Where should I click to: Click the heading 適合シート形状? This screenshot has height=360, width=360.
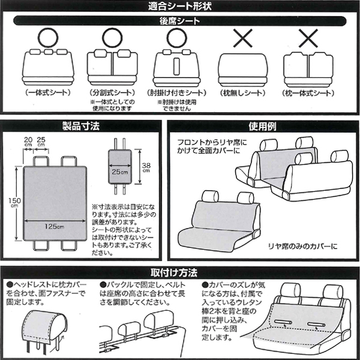coord(180,6)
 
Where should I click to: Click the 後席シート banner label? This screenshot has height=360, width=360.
coord(180,21)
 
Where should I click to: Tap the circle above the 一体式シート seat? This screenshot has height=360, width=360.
coord(48,37)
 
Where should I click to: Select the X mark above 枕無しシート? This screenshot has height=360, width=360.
coord(243,38)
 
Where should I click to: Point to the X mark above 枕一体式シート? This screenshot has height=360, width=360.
coord(308,38)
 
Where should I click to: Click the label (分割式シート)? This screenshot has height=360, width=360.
coord(112,93)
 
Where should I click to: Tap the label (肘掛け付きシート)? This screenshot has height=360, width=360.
coord(176,93)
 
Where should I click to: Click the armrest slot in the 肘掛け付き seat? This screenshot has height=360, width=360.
coord(176,67)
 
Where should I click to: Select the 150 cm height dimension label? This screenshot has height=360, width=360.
coord(14,202)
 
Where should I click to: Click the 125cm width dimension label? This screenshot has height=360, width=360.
coord(55,226)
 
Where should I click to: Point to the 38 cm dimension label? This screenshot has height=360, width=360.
coord(146,167)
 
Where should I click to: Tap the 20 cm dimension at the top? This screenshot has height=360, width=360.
coord(28,141)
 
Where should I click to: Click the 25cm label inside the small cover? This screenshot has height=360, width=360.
coord(119,172)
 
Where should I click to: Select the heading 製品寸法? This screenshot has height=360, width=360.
coord(81,126)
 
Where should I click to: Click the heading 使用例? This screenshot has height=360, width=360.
coord(262,126)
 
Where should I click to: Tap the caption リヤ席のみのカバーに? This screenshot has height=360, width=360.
coord(303,247)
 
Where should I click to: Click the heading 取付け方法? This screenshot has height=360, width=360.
coord(174,273)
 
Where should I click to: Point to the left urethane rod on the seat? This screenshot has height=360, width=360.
coord(283,322)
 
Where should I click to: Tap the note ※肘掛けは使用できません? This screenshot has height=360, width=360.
coord(176,105)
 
